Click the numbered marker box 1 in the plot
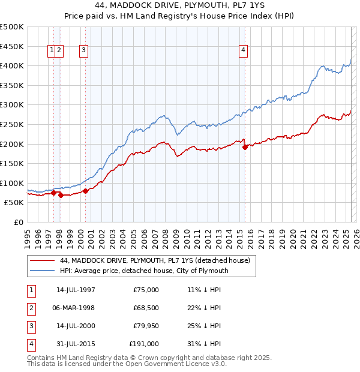pyautogui.click(x=53, y=51)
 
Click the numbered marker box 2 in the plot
pyautogui.click(x=60, y=51)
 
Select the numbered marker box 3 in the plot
pyautogui.click(x=84, y=51)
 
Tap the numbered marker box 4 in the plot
pyautogui.click(x=244, y=51)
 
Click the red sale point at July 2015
pyautogui.click(x=245, y=146)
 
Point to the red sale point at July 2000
pyautogui.click(x=85, y=191)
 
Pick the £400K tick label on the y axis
pyautogui.click(x=12, y=66)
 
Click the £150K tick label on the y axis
pyautogui.click(x=12, y=164)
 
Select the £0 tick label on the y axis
pyautogui.click(x=18, y=223)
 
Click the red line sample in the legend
pyautogui.click(x=42, y=260)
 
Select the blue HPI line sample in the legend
pyautogui.click(x=42, y=271)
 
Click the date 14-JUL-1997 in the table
pyautogui.click(x=76, y=290)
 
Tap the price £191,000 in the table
pyautogui.click(x=144, y=344)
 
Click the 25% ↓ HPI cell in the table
pyautogui.click(x=204, y=326)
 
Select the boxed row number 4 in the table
pyautogui.click(x=30, y=344)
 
